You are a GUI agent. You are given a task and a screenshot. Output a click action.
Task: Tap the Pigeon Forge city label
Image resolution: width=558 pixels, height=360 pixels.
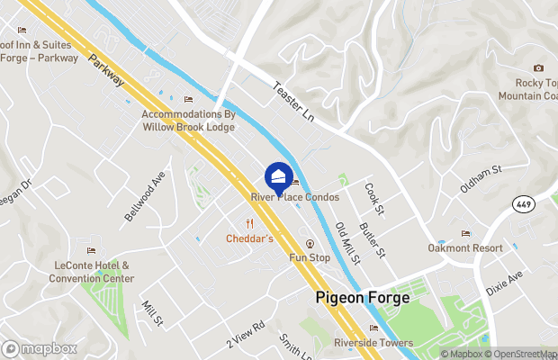pos(363,297)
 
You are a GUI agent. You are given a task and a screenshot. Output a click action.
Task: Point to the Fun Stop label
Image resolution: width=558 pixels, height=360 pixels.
pos(310,258)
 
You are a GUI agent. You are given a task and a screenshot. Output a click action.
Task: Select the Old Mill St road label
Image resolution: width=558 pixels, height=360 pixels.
pos(347,243)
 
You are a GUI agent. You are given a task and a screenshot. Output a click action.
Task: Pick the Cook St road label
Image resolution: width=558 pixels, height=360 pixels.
pos(374,198)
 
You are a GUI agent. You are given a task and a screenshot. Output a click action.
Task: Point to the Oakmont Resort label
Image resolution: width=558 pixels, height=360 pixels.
pos(465,247)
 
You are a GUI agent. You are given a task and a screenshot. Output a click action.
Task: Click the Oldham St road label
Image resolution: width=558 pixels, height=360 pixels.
pos(480,167)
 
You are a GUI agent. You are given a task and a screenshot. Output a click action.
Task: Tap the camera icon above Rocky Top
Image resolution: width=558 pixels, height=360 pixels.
pos(538,68)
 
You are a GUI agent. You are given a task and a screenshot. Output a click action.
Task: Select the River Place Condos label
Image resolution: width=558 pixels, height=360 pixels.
pos(294,196)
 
